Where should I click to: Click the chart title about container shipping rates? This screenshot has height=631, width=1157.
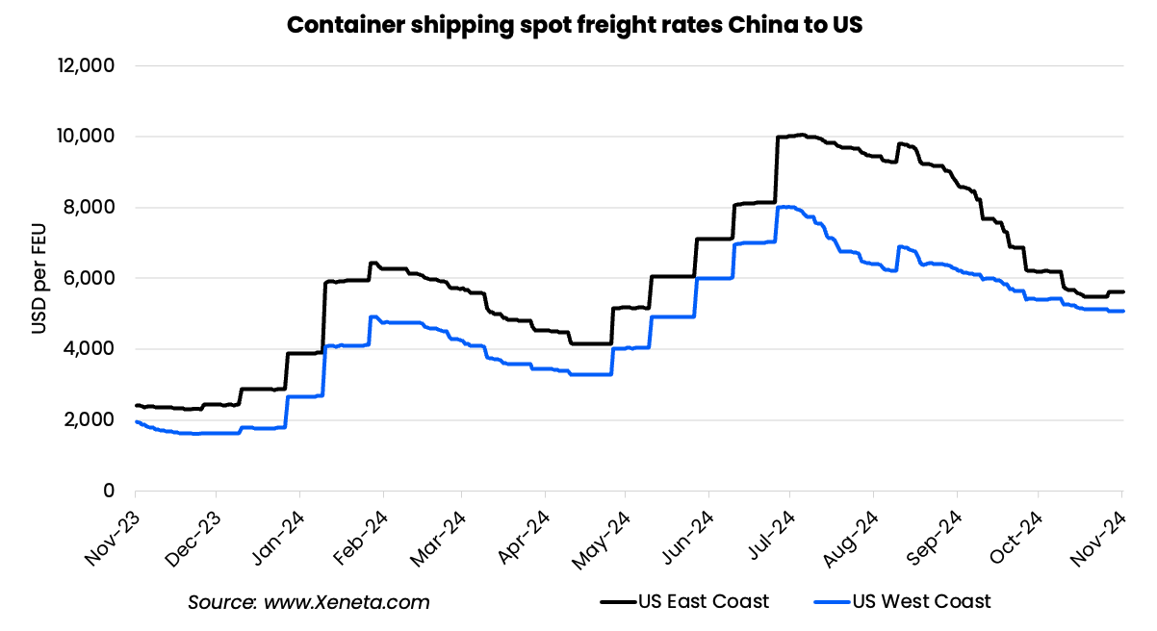coord(575,26)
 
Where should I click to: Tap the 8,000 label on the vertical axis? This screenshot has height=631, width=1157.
coord(90,208)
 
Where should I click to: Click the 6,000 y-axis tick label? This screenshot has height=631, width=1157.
coord(90,278)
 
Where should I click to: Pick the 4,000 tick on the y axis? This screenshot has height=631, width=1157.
coord(90,349)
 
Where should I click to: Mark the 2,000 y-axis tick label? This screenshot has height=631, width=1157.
coord(90,420)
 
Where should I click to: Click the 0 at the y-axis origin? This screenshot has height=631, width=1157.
coord(109,491)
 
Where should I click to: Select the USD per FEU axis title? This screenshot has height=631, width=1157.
coord(38,278)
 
